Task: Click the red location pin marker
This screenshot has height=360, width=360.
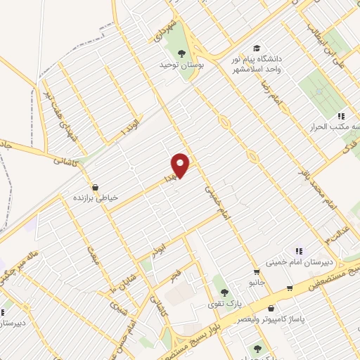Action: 181,165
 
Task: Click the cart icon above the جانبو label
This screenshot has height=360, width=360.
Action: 258,271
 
